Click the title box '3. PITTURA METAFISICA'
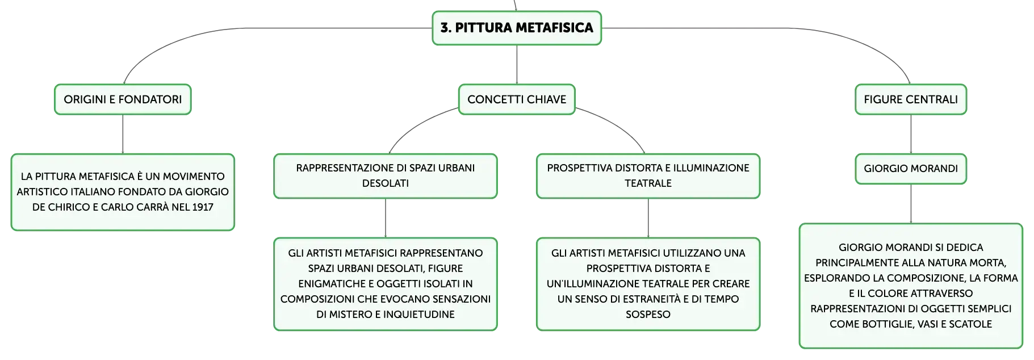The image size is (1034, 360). (517, 28)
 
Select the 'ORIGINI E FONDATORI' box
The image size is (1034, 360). (123, 99)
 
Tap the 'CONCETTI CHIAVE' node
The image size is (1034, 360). (517, 99)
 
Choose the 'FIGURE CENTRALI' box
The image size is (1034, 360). (911, 99)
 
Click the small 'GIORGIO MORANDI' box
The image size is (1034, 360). (911, 169)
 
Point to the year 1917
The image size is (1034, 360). (203, 207)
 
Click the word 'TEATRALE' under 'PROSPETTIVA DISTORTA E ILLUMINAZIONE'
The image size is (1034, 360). (648, 183)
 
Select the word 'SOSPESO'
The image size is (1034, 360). (648, 315)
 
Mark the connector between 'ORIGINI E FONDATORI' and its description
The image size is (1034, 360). (123, 135)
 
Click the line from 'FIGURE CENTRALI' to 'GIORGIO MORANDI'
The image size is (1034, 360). (911, 135)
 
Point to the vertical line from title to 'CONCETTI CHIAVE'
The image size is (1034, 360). (517, 65)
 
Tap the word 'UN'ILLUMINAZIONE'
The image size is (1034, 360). (589, 284)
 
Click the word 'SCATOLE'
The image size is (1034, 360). (970, 324)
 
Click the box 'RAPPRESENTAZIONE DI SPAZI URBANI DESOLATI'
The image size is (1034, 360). (386, 176)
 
